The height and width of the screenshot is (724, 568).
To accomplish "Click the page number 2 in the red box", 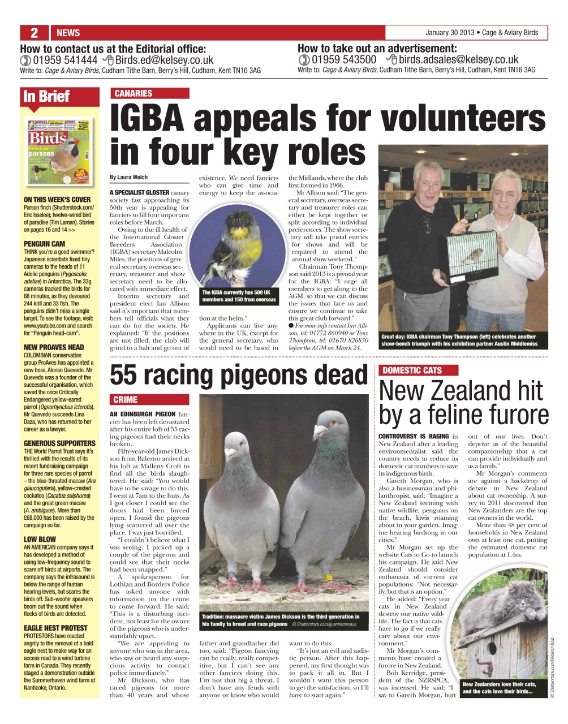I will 34,32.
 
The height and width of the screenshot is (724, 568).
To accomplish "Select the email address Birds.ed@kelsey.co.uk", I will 165,60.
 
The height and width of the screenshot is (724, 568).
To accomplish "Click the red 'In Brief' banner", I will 46,96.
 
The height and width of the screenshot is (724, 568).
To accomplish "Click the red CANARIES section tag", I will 134,93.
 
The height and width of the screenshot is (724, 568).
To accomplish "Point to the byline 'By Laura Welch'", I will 129,177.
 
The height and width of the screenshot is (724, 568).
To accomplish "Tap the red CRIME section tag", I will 126,399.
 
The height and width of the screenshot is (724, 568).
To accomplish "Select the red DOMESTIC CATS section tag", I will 412,370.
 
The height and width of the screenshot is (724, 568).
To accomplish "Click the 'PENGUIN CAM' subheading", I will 44,244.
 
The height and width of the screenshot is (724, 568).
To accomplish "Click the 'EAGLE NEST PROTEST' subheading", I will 55,628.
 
